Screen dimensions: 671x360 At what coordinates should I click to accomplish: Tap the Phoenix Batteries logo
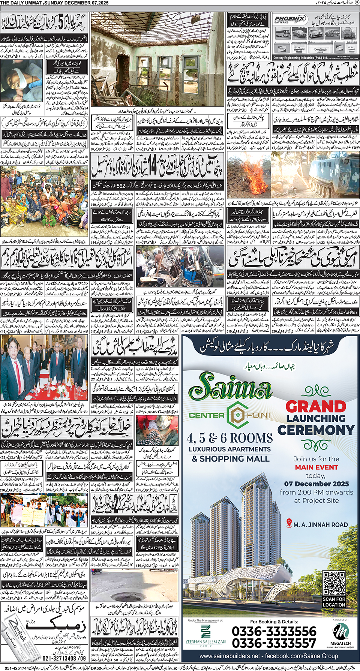[x=290, y=19]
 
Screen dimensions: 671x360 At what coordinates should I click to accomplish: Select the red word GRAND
[x=316, y=406]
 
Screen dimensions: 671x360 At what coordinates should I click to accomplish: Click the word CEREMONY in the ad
[x=316, y=430]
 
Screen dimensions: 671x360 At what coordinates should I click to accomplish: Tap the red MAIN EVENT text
[x=316, y=467]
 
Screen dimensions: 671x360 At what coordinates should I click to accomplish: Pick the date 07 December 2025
[x=316, y=484]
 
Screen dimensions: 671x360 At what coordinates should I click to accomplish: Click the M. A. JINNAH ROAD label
[x=321, y=525]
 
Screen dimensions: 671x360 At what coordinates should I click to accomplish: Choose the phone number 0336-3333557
[x=274, y=643]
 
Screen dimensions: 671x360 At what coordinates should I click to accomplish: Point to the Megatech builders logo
[x=341, y=634]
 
